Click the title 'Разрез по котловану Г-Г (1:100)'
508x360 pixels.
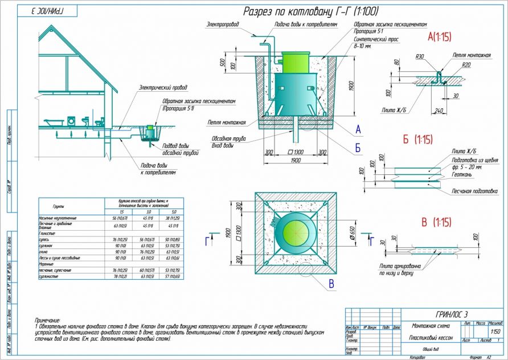(311, 11)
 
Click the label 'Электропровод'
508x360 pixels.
(223, 24)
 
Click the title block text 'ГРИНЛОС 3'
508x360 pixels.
(452, 314)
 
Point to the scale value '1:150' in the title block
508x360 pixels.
(495, 332)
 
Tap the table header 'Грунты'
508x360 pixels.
(59, 206)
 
